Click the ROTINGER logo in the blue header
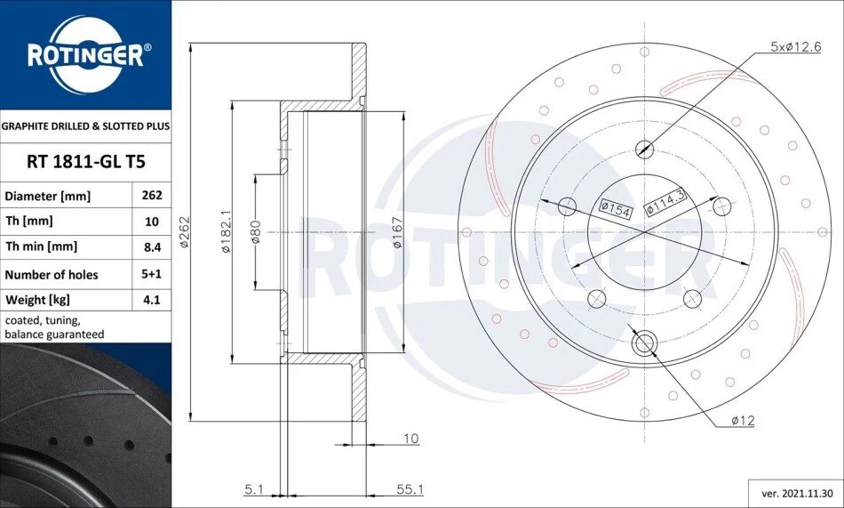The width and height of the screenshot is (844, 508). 86,55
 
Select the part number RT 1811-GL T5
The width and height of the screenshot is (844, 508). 86,162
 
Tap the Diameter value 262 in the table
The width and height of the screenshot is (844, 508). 152,195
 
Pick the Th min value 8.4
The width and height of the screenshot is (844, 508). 152,247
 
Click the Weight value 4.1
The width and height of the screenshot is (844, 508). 152,299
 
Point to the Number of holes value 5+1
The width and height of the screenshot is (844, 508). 152,273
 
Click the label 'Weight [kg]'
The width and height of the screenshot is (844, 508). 37,300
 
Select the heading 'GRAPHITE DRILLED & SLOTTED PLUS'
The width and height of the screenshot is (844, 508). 85,126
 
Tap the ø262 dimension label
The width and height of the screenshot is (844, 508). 184,232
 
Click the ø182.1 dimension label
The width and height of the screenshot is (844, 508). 226,231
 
